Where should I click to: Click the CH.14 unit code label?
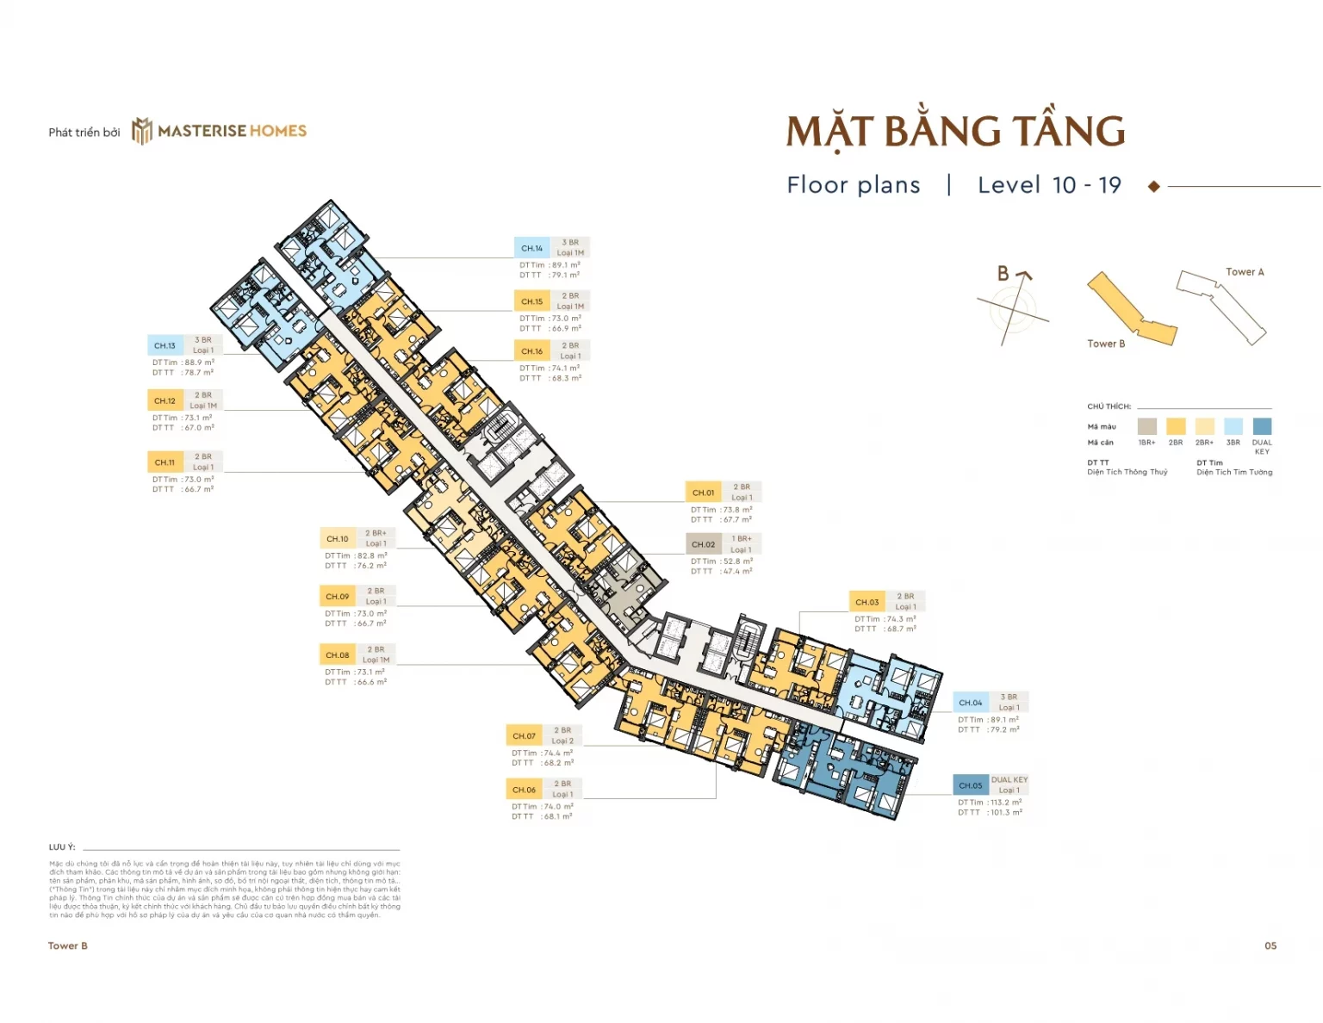pos(531,248)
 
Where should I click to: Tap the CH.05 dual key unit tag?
pos(971,785)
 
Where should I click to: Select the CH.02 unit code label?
pos(703,544)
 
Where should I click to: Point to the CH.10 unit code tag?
pos(337,539)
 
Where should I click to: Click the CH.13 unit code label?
pos(165,346)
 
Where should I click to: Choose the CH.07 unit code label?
pos(524,736)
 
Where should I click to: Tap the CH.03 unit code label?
pos(866,602)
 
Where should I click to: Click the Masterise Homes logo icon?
pos(141,131)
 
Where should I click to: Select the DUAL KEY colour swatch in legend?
pos(1262,426)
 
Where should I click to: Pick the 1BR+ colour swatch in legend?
pos(1146,426)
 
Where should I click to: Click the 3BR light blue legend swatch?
pos(1233,426)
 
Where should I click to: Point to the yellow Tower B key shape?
pos(1129,309)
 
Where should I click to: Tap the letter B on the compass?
pos(1003,274)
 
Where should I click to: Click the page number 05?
pos(1270,945)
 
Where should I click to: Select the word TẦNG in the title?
pos(1069,132)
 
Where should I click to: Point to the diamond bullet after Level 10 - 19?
pos(1154,186)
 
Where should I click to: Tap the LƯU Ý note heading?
pos(62,847)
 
